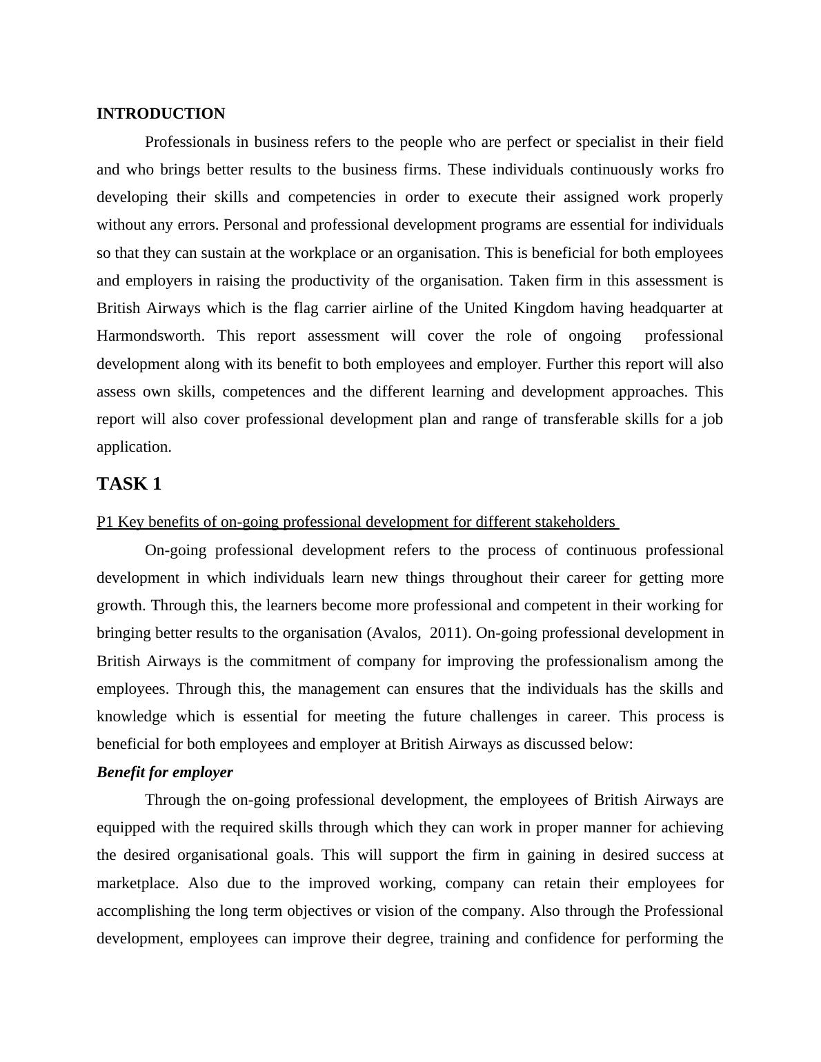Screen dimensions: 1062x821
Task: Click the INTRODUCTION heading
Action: tap(161, 114)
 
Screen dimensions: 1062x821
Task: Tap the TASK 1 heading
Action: tap(129, 484)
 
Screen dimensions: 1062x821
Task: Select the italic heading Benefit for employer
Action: tap(165, 772)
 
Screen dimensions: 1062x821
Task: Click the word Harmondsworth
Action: tap(150, 336)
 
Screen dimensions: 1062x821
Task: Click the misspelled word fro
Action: tap(714, 170)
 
